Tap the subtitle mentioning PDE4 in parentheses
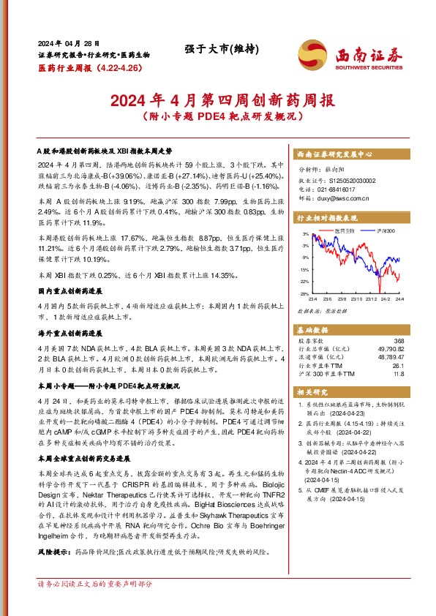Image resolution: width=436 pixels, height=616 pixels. (x=217, y=116)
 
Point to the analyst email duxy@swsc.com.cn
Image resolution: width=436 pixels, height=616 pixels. (x=343, y=198)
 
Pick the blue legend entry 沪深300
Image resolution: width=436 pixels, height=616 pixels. (x=385, y=231)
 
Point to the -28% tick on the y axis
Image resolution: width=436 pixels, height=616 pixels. (x=302, y=293)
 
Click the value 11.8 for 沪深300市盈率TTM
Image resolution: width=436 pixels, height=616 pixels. (x=399, y=374)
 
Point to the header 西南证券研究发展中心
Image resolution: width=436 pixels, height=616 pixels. (x=335, y=155)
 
